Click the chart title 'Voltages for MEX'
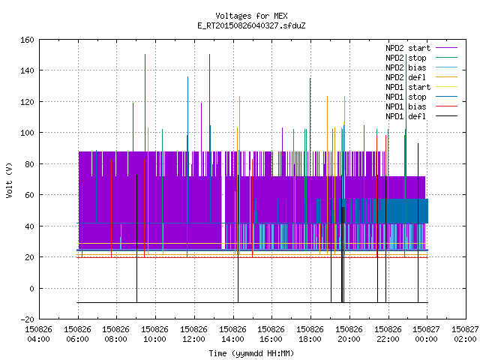pyautogui.click(x=251, y=16)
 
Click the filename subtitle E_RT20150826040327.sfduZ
pyautogui.click(x=251, y=25)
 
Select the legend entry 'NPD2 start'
pyautogui.click(x=408, y=48)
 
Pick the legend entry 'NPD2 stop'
pyautogui.click(x=406, y=58)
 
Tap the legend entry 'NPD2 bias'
pyautogui.click(x=406, y=67)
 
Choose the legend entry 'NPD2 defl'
pyautogui.click(x=406, y=77)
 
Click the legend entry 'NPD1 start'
pyautogui.click(x=408, y=87)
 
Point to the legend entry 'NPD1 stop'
pyautogui.click(x=406, y=97)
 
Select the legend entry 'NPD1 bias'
pyautogui.click(x=406, y=106)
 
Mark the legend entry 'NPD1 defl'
pyautogui.click(x=406, y=117)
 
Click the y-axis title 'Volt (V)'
pyautogui.click(x=9, y=180)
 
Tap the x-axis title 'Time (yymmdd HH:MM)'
pyautogui.click(x=251, y=353)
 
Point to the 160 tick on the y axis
pyautogui.click(x=27, y=40)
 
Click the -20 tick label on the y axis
pyautogui.click(x=27, y=319)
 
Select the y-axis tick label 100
pyautogui.click(x=27, y=133)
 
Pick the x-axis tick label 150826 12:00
pyautogui.click(x=193, y=334)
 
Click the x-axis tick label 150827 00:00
pyautogui.click(x=426, y=334)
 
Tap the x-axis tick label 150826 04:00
pyautogui.click(x=38, y=334)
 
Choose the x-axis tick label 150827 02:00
pyautogui.click(x=465, y=334)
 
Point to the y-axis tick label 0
pyautogui.click(x=31, y=289)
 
